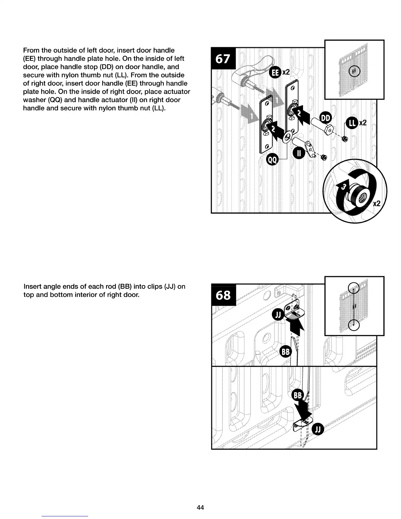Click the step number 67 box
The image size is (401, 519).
pyautogui.click(x=223, y=59)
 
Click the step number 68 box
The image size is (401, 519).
pyautogui.click(x=223, y=295)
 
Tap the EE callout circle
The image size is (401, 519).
pyautogui.click(x=275, y=73)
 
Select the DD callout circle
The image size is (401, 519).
pyautogui.click(x=325, y=118)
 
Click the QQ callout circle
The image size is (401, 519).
pyautogui.click(x=273, y=160)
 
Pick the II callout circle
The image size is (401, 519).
pyautogui.click(x=299, y=153)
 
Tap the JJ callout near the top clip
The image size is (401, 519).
pyautogui.click(x=278, y=315)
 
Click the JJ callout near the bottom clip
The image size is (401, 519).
pyautogui.click(x=318, y=429)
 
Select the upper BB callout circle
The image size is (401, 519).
pyautogui.click(x=286, y=352)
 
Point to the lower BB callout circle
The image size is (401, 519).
pyautogui.click(x=298, y=395)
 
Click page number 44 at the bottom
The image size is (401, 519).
pyautogui.click(x=200, y=508)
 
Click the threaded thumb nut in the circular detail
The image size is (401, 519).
pyautogui.click(x=359, y=195)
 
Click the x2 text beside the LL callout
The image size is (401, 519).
pyautogui.click(x=363, y=123)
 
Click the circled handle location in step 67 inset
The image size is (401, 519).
pyautogui.click(x=354, y=71)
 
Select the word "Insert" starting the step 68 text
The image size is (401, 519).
pyautogui.click(x=32, y=286)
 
